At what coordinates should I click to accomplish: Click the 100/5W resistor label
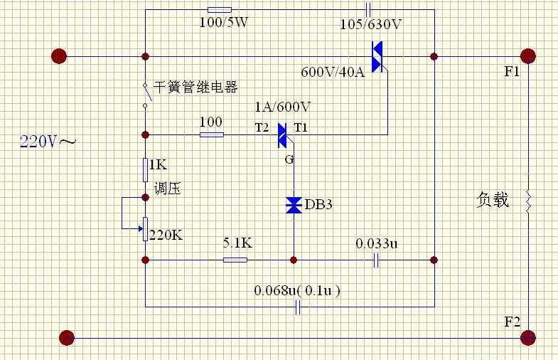[223, 23]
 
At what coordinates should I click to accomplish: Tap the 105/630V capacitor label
[370, 25]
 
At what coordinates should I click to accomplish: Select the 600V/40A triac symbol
[378, 57]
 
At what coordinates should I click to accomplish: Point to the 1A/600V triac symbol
[284, 135]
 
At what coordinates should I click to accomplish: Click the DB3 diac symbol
[294, 205]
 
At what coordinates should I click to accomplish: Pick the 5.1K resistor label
[237, 243]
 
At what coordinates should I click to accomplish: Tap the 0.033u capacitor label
[376, 243]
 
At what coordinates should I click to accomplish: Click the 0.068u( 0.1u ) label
[297, 291]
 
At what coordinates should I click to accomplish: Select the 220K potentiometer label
[166, 235]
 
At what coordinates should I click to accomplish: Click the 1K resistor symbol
[145, 170]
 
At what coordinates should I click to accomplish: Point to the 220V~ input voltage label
[48, 142]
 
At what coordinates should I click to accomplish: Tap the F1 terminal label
[512, 72]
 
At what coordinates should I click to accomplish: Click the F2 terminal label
[512, 322]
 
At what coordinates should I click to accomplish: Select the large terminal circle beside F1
[527, 56]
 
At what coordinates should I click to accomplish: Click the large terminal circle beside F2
[527, 337]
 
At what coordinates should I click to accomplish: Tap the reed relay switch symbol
[146, 95]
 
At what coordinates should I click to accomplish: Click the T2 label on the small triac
[262, 127]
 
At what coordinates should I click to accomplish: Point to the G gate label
[289, 159]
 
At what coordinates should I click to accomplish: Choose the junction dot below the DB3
[294, 260]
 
